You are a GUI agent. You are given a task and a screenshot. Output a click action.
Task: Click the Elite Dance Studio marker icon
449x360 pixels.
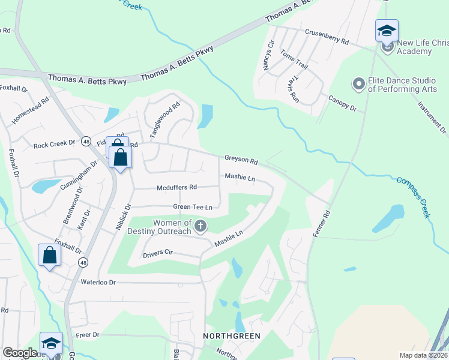359,84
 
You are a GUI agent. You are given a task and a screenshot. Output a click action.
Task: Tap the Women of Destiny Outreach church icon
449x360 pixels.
200,227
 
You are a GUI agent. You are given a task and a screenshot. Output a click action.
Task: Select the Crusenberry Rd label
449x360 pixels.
327,37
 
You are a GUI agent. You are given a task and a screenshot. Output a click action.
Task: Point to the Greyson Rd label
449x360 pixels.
241,161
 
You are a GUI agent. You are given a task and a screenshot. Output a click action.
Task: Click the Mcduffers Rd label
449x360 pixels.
176,187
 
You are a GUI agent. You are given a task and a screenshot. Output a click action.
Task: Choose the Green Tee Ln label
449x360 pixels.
193,207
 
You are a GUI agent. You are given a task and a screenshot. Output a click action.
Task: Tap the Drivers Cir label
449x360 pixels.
158,254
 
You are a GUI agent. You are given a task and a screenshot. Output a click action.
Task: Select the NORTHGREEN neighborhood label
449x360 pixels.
232,336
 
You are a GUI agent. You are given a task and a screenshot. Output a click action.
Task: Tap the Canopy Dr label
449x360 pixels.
342,103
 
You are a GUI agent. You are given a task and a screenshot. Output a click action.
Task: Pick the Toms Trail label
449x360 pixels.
294,61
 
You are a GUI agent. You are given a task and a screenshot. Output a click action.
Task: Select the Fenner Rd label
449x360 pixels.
320,223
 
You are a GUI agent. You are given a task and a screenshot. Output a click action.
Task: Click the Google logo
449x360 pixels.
20,353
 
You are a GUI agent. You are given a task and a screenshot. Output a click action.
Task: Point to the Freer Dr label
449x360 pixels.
87,334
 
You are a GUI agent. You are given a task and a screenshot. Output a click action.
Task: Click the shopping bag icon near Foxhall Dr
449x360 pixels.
49,255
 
